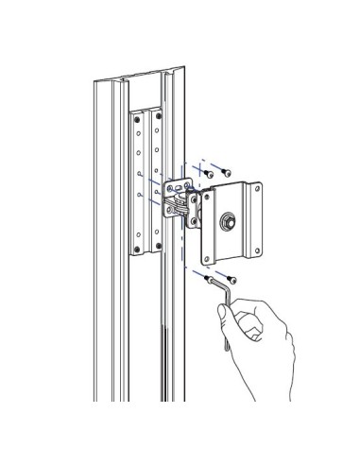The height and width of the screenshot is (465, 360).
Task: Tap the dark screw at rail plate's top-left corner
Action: (x=135, y=117)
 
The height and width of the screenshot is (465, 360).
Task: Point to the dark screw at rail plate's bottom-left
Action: (x=139, y=250)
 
